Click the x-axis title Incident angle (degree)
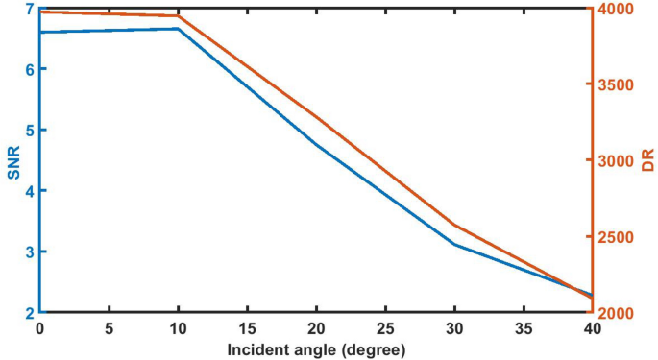pos(316,349)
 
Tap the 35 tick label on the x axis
pos(524,328)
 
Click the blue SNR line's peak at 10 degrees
pos(178,29)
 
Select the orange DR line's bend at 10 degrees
pos(178,16)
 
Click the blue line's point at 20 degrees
pos(316,144)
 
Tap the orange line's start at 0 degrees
pos(41,12)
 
